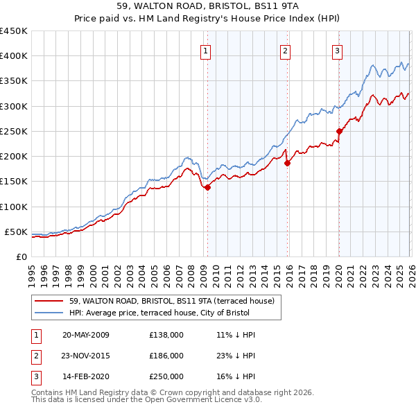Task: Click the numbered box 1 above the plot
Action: click(207, 50)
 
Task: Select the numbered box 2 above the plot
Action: click(285, 50)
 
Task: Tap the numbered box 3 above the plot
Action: click(337, 50)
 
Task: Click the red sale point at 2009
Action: click(207, 187)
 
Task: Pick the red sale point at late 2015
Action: click(288, 163)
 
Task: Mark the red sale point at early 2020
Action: click(339, 131)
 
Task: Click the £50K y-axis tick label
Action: click(17, 232)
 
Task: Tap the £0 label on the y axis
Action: click(22, 256)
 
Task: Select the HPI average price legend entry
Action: click(162, 313)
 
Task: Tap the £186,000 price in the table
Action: click(166, 356)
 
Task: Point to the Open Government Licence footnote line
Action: click(136, 400)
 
